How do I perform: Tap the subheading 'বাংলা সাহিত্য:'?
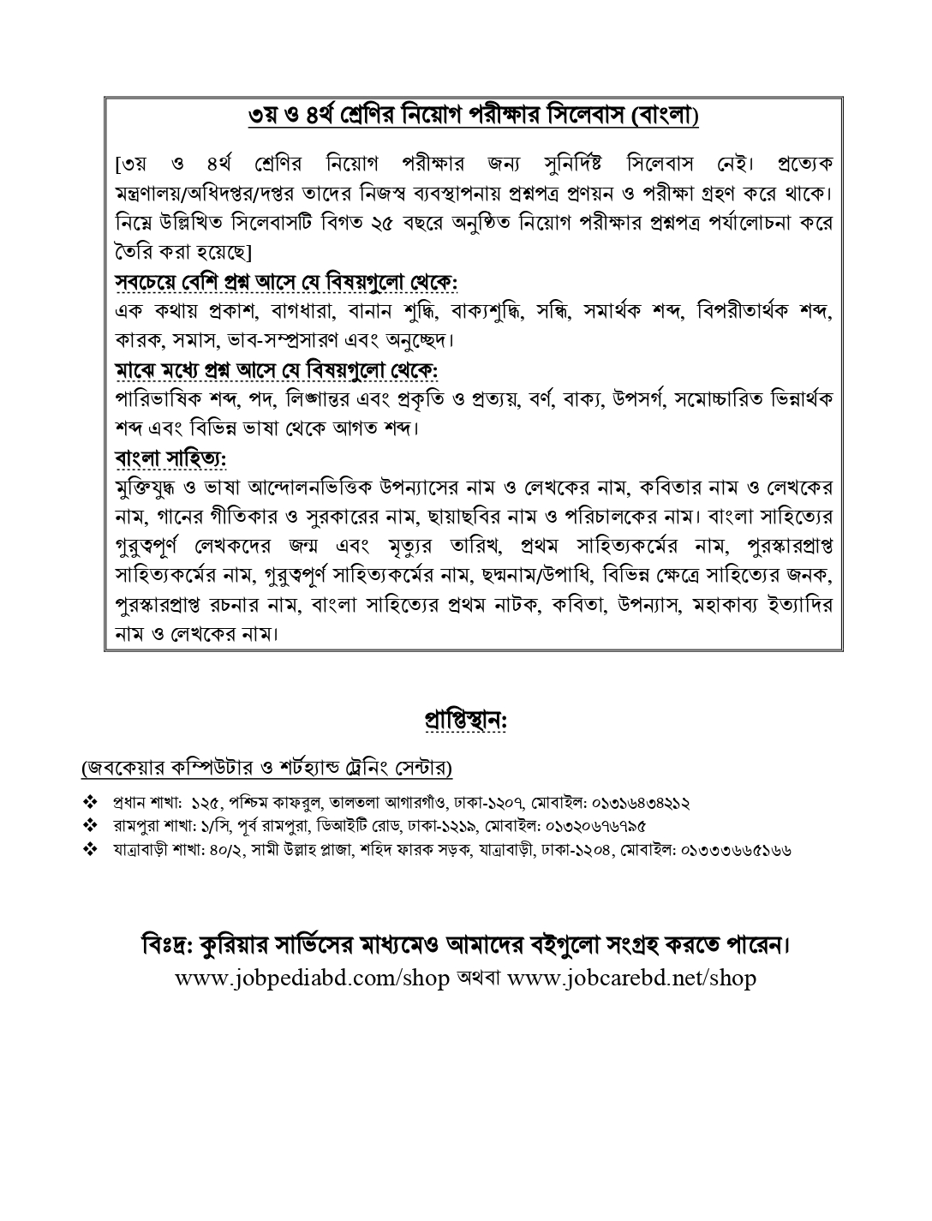point(170,458)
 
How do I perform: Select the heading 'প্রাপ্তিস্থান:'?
point(466,720)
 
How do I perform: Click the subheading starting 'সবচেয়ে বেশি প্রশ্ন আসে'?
point(286,281)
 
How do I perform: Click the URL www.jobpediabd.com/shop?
point(312,978)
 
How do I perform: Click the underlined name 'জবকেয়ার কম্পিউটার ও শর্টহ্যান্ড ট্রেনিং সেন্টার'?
point(267,767)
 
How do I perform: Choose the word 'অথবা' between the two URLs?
point(478,978)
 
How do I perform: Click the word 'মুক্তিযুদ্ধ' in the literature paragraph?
point(151,488)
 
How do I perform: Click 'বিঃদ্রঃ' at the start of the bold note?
point(165,947)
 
